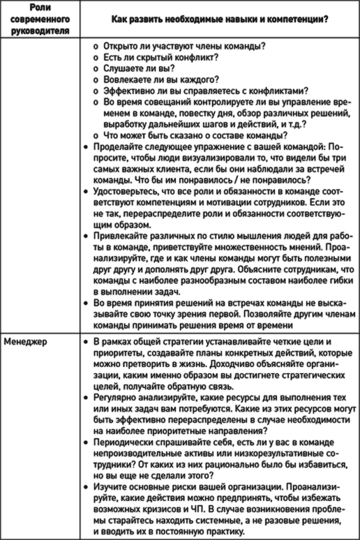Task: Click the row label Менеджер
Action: pos(26,342)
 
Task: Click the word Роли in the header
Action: pos(40,8)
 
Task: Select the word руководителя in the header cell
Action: pos(40,31)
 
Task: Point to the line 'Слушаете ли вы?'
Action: pos(139,68)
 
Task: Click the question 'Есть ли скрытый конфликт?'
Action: pos(161,57)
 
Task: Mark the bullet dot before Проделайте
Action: pos(86,147)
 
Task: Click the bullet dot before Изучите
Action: pos(86,487)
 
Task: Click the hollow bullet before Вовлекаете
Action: pos(96,80)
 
